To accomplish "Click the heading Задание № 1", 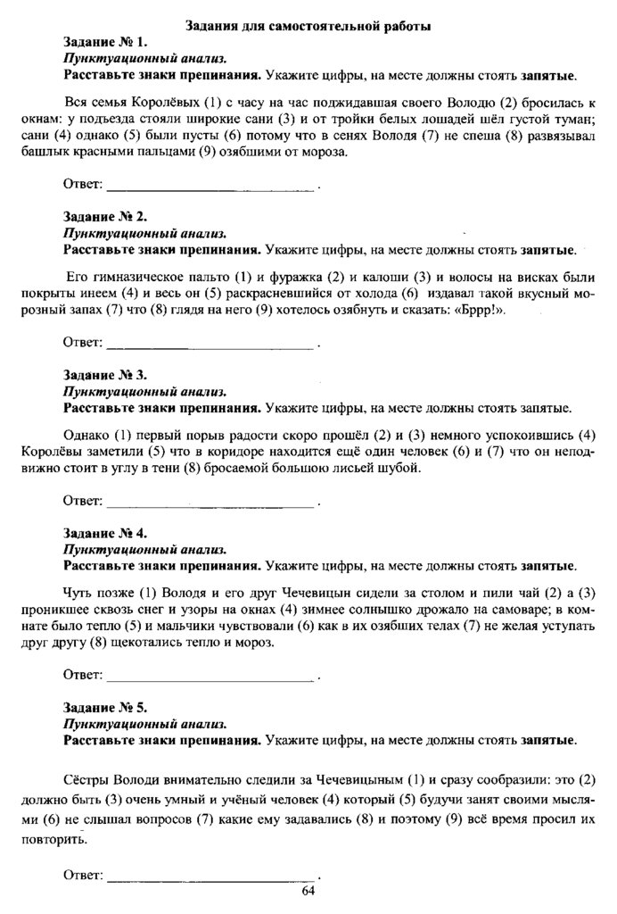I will point(105,43).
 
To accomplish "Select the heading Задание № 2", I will point(105,217).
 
